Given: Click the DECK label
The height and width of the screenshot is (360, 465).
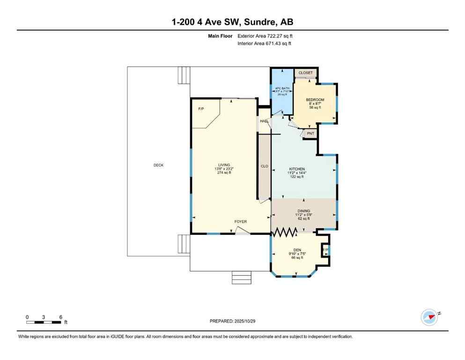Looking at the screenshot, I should point(158,165).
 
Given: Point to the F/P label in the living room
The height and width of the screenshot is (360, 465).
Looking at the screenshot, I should point(201,109).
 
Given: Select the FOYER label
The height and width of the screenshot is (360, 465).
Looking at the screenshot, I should point(241,222).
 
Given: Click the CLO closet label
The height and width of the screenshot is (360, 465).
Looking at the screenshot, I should point(264,166).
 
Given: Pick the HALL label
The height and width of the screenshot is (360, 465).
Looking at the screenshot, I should point(264,121).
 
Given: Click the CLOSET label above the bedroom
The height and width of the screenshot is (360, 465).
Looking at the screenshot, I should point(305,73).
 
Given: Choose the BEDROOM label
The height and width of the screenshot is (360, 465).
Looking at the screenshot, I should point(315,100).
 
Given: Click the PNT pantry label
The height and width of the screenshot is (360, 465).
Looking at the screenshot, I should point(310,134).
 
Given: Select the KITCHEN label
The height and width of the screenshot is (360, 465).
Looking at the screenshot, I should point(297,169).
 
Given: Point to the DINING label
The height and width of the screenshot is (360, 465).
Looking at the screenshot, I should point(303,211).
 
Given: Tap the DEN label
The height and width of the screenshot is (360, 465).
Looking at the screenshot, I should point(296,250).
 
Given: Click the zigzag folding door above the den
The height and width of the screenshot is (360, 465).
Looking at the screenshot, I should point(286,232).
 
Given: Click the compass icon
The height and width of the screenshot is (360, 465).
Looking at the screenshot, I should point(429,317).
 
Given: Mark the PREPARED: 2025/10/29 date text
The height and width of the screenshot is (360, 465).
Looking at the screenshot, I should point(232,321).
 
